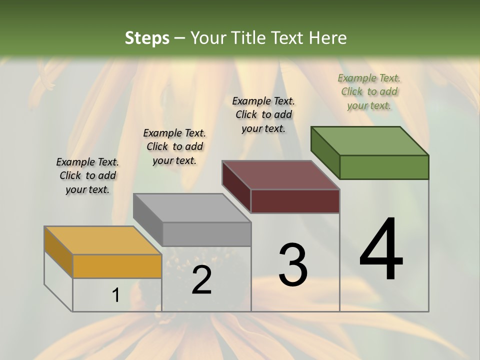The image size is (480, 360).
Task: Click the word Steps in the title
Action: tap(147, 38)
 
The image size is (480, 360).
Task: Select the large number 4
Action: tap(381, 249)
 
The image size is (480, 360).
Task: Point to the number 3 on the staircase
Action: tap(293, 264)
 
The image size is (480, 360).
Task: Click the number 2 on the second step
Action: tap(201, 280)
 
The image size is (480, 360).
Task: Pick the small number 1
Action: tap(115, 295)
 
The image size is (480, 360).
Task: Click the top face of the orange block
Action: tap(102, 240)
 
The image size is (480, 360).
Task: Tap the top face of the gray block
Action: tap(192, 208)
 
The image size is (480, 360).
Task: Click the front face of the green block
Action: tap(384, 167)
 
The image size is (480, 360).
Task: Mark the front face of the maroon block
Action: tap(295, 201)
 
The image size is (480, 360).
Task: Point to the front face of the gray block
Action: tap(206, 234)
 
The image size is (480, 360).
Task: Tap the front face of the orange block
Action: tap(117, 266)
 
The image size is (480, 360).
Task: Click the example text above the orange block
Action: tap(87, 175)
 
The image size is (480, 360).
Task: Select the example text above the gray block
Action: tap(174, 146)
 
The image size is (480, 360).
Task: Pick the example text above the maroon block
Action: tap(263, 114)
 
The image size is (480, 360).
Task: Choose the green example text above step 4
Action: tap(369, 91)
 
